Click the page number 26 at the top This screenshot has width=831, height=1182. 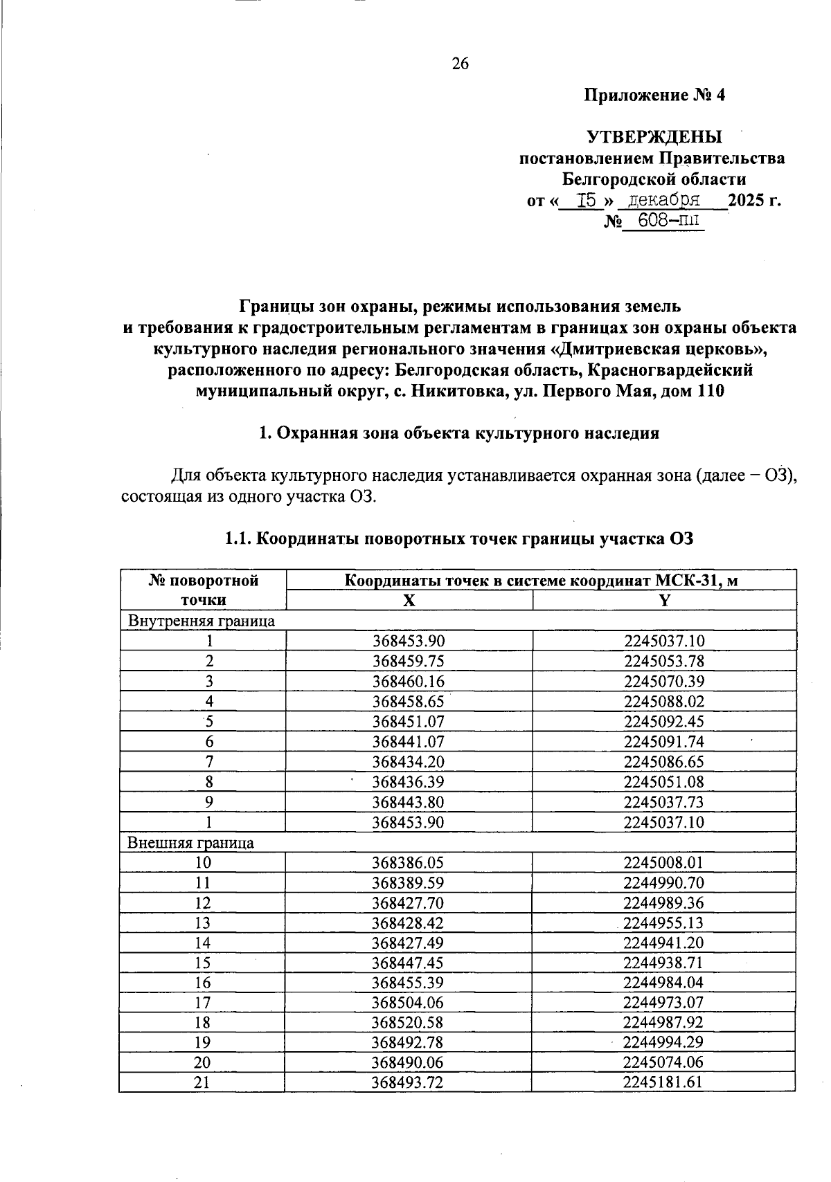(x=461, y=64)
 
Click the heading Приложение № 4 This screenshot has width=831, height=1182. (x=654, y=96)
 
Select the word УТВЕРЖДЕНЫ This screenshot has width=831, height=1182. (x=654, y=137)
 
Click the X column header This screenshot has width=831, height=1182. (x=409, y=601)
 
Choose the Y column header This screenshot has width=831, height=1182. (x=664, y=601)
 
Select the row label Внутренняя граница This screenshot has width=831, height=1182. (x=201, y=621)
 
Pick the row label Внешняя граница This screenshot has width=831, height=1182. (x=190, y=843)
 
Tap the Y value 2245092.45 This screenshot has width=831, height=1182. (x=663, y=722)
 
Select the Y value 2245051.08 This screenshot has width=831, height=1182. (x=663, y=782)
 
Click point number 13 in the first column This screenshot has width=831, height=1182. (x=202, y=923)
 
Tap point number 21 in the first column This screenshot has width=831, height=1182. (x=202, y=1082)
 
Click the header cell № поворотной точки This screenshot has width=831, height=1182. (x=203, y=590)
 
